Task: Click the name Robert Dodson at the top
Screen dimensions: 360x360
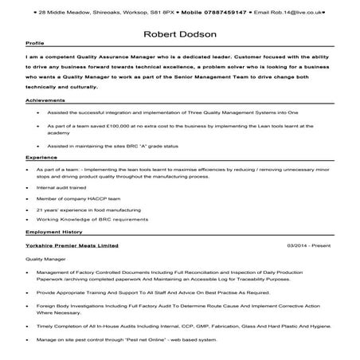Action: coord(179,34)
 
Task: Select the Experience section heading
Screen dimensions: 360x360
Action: coord(41,159)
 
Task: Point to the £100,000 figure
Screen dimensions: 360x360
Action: coord(121,126)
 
